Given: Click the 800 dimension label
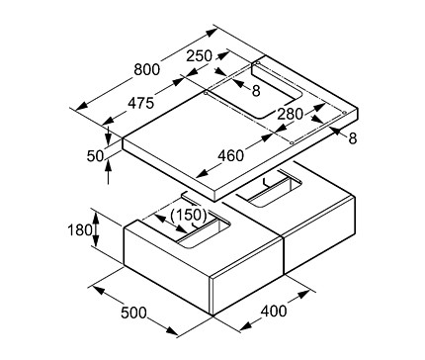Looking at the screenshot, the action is click(x=147, y=69).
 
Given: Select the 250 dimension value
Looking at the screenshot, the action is click(x=200, y=56).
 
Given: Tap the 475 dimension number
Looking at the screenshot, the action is click(x=141, y=103).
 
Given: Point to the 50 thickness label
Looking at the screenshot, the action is click(x=95, y=155).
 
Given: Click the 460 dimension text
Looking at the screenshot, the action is click(x=231, y=155).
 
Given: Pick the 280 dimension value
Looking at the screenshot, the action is click(x=290, y=114).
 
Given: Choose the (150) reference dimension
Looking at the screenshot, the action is click(x=189, y=215).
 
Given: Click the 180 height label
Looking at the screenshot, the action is click(x=80, y=229).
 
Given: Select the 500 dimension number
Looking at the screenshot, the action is click(x=133, y=313).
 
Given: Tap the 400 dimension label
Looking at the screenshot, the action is click(x=274, y=311).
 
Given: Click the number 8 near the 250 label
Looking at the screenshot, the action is click(x=256, y=91).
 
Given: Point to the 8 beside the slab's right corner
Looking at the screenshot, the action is click(x=353, y=138).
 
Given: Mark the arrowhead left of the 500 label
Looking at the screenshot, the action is click(x=99, y=291).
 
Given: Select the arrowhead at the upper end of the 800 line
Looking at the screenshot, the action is click(x=212, y=33).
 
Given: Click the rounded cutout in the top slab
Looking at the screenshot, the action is click(x=276, y=90).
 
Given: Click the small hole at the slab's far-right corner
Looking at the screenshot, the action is click(x=345, y=113).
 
